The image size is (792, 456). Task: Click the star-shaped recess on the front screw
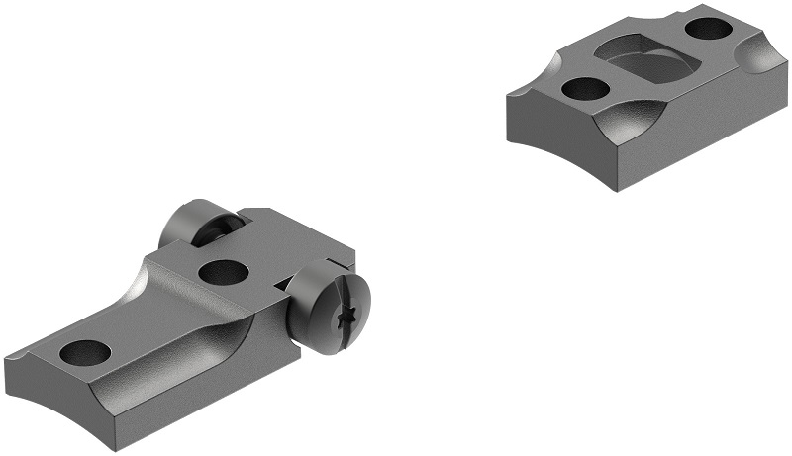coord(348,319)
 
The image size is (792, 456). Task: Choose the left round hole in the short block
coord(585,88)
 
